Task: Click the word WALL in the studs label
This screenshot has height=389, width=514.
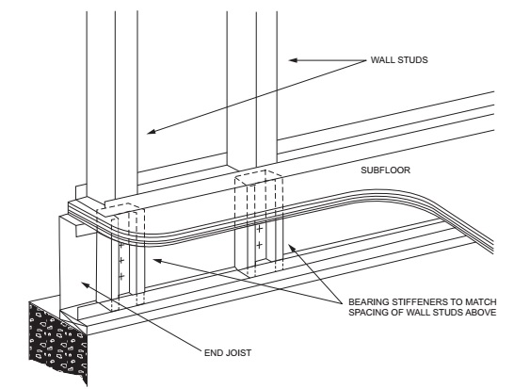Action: pyautogui.click(x=382, y=60)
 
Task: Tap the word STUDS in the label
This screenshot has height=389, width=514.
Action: pyautogui.click(x=412, y=60)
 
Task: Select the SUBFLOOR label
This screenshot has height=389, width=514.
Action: pyautogui.click(x=386, y=170)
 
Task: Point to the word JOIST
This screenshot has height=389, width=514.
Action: pyautogui.click(x=239, y=353)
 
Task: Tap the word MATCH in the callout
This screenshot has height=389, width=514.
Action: pyautogui.click(x=483, y=301)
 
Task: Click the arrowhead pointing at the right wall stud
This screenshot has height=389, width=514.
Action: pyautogui.click(x=293, y=60)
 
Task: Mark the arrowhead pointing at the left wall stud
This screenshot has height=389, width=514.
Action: pyautogui.click(x=151, y=131)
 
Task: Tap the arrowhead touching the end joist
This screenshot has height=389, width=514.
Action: pyautogui.click(x=85, y=284)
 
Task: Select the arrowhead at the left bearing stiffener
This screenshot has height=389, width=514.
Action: pyautogui.click(x=157, y=261)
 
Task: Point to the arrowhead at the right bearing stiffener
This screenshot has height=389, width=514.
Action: pyautogui.click(x=291, y=248)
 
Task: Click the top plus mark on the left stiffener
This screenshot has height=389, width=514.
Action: pyautogui.click(x=120, y=245)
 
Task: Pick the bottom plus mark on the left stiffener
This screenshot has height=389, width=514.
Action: pyautogui.click(x=121, y=277)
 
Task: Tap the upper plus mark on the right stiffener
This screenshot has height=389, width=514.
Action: pyautogui.click(x=259, y=229)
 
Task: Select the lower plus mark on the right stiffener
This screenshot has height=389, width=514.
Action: pyautogui.click(x=259, y=245)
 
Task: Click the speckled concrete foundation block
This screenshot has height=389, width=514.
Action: pyautogui.click(x=57, y=341)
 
